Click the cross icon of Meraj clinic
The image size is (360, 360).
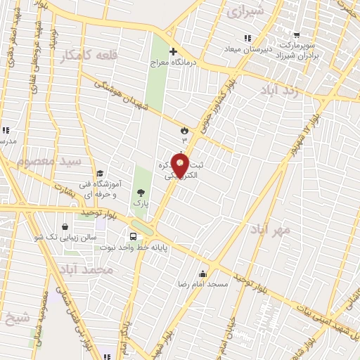point(174,51)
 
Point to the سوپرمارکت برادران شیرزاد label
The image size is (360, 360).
point(296,49)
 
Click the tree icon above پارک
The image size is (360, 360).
point(141,192)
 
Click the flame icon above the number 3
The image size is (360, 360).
point(184,130)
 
